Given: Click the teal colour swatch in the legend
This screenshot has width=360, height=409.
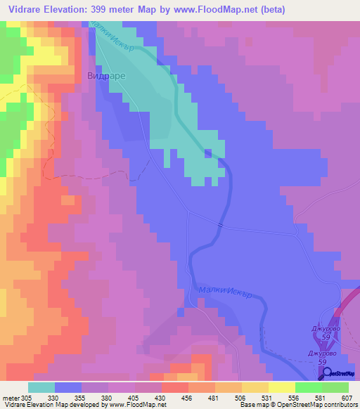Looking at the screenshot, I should coord(41,387).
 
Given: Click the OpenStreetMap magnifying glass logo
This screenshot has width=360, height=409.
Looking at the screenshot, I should coord(325,373).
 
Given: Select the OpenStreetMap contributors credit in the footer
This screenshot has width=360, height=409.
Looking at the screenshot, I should coord(314,405).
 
